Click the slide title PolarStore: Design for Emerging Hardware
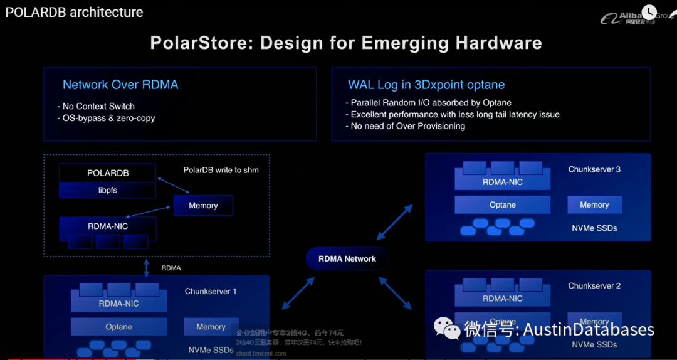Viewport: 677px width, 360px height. pos(346,43)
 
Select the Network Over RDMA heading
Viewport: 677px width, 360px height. pos(120,85)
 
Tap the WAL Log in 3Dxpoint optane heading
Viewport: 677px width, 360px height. pos(426,85)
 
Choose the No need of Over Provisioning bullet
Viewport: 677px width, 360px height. pos(408,126)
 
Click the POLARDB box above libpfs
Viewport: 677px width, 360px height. pos(108,173)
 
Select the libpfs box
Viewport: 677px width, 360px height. pos(108,189)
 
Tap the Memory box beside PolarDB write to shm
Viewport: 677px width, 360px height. pos(203,205)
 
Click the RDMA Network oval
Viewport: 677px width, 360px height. pos(347,258)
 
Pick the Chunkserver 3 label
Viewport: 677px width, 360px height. pos(594,169)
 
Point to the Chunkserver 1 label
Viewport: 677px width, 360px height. pos(211,291)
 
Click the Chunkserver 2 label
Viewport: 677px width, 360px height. pos(594,285)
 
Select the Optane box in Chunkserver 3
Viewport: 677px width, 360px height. pos(503,205)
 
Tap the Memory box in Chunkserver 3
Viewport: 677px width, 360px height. pos(594,204)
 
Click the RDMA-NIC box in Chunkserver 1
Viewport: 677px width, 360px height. pos(118,304)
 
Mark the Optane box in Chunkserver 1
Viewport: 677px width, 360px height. pos(118,327)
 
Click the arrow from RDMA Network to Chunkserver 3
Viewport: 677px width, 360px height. pos(395,221)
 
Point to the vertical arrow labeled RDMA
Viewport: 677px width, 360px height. pos(147,268)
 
